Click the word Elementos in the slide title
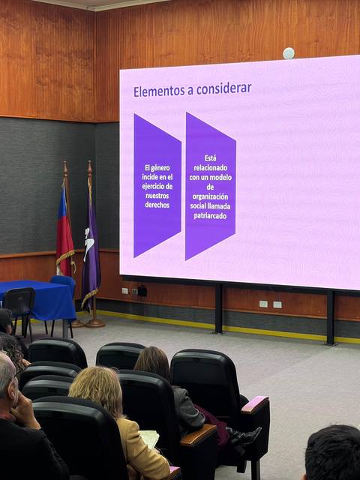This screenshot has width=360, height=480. [x=158, y=91]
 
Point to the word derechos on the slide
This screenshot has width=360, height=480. [x=157, y=205]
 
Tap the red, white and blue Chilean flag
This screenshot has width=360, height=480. [x=64, y=232]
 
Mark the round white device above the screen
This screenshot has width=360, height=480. [x=289, y=53]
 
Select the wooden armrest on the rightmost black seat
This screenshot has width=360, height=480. [x=254, y=404]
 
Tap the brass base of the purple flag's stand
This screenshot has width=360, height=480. [x=94, y=323]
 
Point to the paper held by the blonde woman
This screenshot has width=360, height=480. [x=150, y=439]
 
